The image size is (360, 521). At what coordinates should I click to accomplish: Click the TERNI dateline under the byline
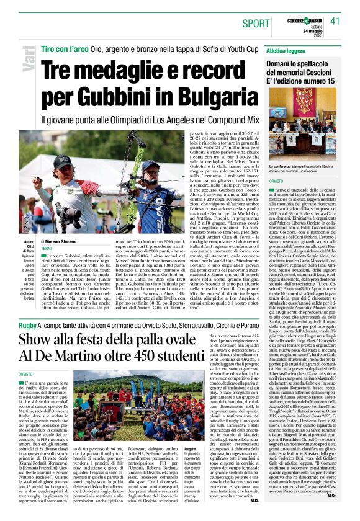(x=47, y=248)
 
